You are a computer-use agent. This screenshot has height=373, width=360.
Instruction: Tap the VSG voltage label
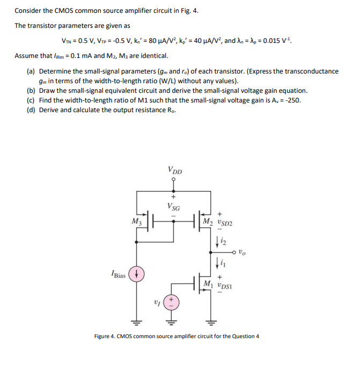tap(173, 205)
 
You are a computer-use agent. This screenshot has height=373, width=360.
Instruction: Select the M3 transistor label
tap(136, 220)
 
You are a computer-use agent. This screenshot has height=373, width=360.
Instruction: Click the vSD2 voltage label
tap(224, 222)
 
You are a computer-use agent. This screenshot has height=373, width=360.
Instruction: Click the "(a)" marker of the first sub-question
tap(32, 71)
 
